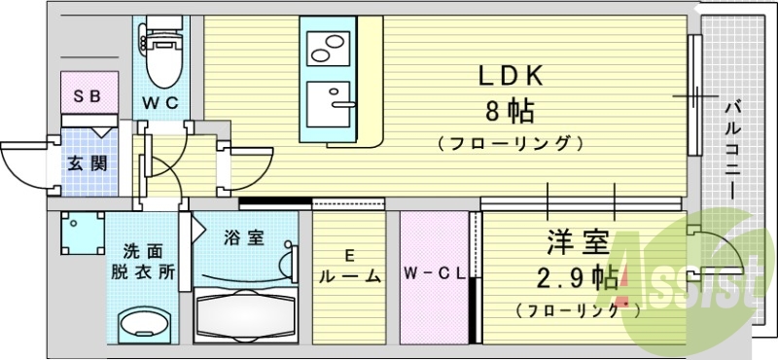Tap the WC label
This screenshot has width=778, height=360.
coord(160,101)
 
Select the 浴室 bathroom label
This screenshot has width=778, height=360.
coord(243,236)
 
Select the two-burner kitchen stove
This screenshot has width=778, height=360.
coord(332,46)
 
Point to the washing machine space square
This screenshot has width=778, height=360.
coord(82,234)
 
